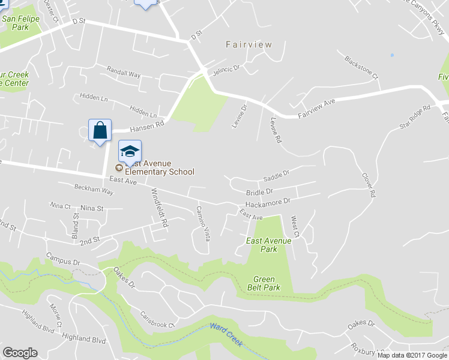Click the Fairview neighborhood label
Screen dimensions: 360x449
tap(249, 44)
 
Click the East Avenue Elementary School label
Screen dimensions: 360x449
tap(159, 167)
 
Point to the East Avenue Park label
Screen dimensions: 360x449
tap(269, 245)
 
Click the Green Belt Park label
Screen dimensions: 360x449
tap(264, 283)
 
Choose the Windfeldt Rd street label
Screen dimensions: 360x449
tap(159, 207)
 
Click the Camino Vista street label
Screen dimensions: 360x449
tap(203, 223)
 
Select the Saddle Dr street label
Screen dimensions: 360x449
tap(276, 176)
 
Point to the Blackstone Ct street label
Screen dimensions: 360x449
tap(361, 67)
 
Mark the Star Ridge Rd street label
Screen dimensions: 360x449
tap(415, 118)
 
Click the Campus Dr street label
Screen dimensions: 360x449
tap(63, 259)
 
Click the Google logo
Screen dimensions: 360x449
tap(20, 353)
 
